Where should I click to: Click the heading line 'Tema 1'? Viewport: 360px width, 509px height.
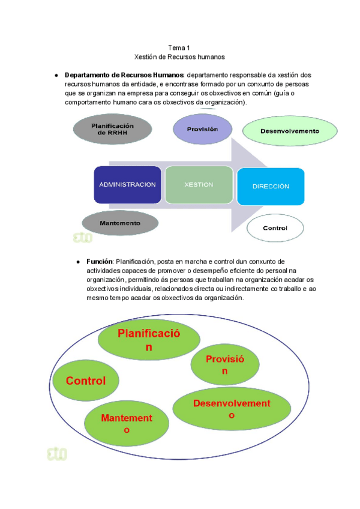[179, 47]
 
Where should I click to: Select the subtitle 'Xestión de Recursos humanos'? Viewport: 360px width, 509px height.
[179, 57]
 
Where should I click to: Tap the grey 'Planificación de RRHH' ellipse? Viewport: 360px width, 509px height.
[112, 130]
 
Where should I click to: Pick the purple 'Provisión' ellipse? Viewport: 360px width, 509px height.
[202, 130]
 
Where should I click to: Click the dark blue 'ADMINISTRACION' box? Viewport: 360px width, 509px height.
[127, 185]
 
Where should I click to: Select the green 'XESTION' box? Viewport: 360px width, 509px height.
[199, 185]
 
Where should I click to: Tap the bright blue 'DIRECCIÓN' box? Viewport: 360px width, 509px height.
[271, 186]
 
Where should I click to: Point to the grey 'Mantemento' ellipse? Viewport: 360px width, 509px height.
[120, 223]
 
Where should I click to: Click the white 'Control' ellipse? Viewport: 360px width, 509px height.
[275, 228]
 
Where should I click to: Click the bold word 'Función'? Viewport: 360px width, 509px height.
[100, 262]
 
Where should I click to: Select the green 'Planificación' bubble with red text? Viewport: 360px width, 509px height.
[148, 340]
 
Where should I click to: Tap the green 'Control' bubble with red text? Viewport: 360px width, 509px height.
[86, 381]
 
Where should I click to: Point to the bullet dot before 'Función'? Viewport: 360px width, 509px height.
[78, 262]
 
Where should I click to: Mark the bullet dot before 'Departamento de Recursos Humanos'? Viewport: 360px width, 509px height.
[56, 75]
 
